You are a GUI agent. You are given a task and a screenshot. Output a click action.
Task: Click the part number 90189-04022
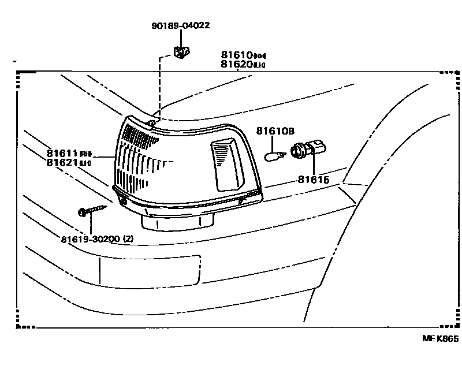[181, 25]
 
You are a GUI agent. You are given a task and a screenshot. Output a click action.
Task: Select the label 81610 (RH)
[243, 55]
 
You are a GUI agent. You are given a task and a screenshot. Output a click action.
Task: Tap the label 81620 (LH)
[243, 64]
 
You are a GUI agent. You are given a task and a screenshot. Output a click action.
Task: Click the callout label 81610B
[275, 131]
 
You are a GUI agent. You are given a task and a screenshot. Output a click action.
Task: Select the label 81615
[313, 180]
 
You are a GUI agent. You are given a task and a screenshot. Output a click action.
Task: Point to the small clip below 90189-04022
[181, 53]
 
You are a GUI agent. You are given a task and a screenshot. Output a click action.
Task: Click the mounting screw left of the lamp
[92, 208]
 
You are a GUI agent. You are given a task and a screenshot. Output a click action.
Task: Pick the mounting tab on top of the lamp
[151, 122]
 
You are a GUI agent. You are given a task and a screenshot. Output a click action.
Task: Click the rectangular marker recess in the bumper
[149, 270]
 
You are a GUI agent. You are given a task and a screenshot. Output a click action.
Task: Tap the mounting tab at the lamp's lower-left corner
[122, 199]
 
